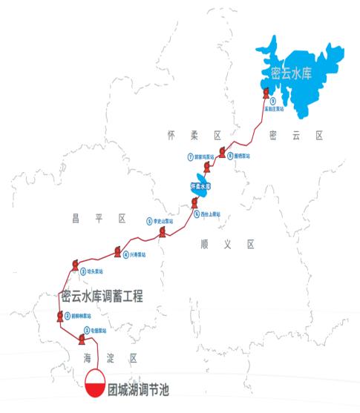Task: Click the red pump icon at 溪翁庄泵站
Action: [x=265, y=93]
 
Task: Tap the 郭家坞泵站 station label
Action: [x=204, y=157]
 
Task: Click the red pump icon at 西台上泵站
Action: [x=194, y=202]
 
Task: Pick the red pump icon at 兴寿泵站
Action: [x=117, y=252]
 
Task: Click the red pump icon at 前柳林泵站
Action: [x=59, y=317]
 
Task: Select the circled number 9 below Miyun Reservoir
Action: [x=273, y=101]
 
